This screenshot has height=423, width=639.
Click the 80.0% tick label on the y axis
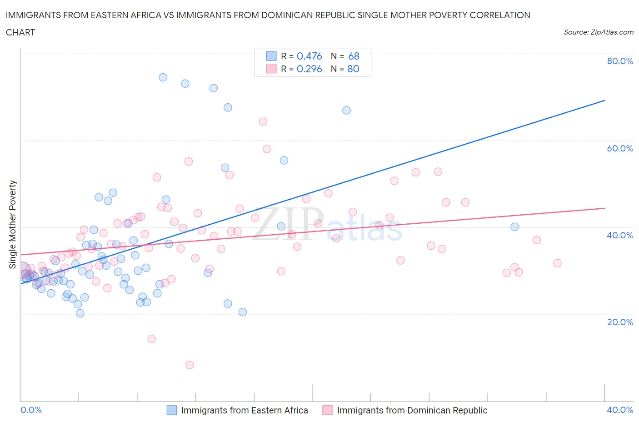click(620, 61)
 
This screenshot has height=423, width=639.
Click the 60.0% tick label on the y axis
click(620, 148)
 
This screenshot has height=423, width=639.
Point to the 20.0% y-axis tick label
click(620, 322)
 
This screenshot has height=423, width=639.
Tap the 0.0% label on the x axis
click(31, 410)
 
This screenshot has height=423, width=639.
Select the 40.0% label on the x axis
click(620, 410)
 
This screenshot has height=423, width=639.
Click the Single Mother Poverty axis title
click(13, 225)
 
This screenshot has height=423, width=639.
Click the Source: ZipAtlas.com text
click(598, 32)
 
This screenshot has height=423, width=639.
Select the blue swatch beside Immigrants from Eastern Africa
click(172, 410)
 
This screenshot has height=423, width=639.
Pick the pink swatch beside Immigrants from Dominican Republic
click(327, 410)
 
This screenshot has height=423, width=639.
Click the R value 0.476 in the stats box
click(309, 56)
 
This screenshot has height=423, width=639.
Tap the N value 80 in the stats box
click(353, 69)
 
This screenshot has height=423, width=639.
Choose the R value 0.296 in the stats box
click(309, 69)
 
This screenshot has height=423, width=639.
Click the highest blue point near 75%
click(163, 77)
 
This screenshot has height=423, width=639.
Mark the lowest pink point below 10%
click(190, 365)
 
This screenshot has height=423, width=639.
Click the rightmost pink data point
click(557, 263)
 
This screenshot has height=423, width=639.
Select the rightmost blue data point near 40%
click(514, 227)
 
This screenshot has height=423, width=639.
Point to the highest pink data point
click(263, 122)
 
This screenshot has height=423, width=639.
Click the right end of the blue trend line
click(604, 100)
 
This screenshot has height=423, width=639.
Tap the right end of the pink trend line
click(604, 208)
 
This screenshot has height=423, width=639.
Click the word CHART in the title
click(20, 32)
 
